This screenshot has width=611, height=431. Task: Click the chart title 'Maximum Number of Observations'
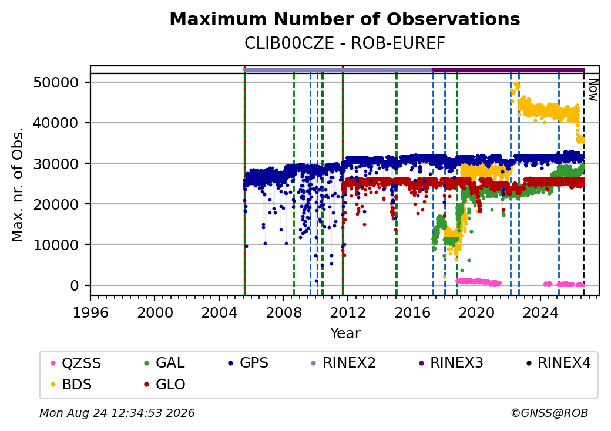point(345,19)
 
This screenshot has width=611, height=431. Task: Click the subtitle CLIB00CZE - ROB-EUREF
point(344,43)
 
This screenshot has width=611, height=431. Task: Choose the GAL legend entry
point(164,363)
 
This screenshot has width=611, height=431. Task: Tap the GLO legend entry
point(164,385)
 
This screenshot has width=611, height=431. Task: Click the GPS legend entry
point(248,363)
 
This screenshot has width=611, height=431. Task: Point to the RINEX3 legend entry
point(451,363)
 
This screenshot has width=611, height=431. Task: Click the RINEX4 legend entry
point(558,363)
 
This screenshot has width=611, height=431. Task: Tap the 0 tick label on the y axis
point(75,286)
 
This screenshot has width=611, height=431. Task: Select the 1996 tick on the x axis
point(90,312)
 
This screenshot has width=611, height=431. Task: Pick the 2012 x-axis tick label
point(348,312)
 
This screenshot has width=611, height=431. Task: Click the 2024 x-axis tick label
point(540,312)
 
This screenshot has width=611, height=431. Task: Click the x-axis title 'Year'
point(345,334)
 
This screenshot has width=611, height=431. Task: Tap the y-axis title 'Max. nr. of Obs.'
point(18,184)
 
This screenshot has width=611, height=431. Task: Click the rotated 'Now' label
point(593,90)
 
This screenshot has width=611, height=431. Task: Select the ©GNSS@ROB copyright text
point(549,413)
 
